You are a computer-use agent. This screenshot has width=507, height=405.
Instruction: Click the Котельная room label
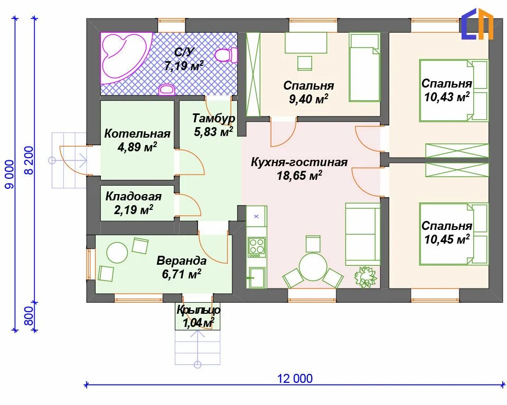137,133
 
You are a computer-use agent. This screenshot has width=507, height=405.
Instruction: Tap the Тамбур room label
214,118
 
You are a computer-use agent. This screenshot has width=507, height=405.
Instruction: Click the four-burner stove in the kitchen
257,247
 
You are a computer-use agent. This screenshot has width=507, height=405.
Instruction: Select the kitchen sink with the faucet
256,277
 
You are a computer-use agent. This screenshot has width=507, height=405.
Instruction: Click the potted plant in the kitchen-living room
365,277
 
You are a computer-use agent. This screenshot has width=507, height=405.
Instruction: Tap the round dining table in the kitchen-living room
313,267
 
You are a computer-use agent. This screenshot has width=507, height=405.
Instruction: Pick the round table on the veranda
117,253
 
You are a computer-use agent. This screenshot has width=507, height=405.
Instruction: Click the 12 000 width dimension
295,379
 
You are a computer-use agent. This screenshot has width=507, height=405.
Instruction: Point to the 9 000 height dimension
10,175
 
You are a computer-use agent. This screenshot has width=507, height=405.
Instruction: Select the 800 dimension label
29,316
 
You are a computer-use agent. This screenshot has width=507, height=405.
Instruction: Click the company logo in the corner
477,24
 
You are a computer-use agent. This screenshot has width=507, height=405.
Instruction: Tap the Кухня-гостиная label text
299,162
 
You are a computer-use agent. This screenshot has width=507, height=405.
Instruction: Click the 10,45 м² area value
447,239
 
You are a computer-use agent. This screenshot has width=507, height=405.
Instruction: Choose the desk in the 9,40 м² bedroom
306,43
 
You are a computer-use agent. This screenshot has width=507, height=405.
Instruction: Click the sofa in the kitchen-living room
362,234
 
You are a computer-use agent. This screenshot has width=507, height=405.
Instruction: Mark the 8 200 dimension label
29,160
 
